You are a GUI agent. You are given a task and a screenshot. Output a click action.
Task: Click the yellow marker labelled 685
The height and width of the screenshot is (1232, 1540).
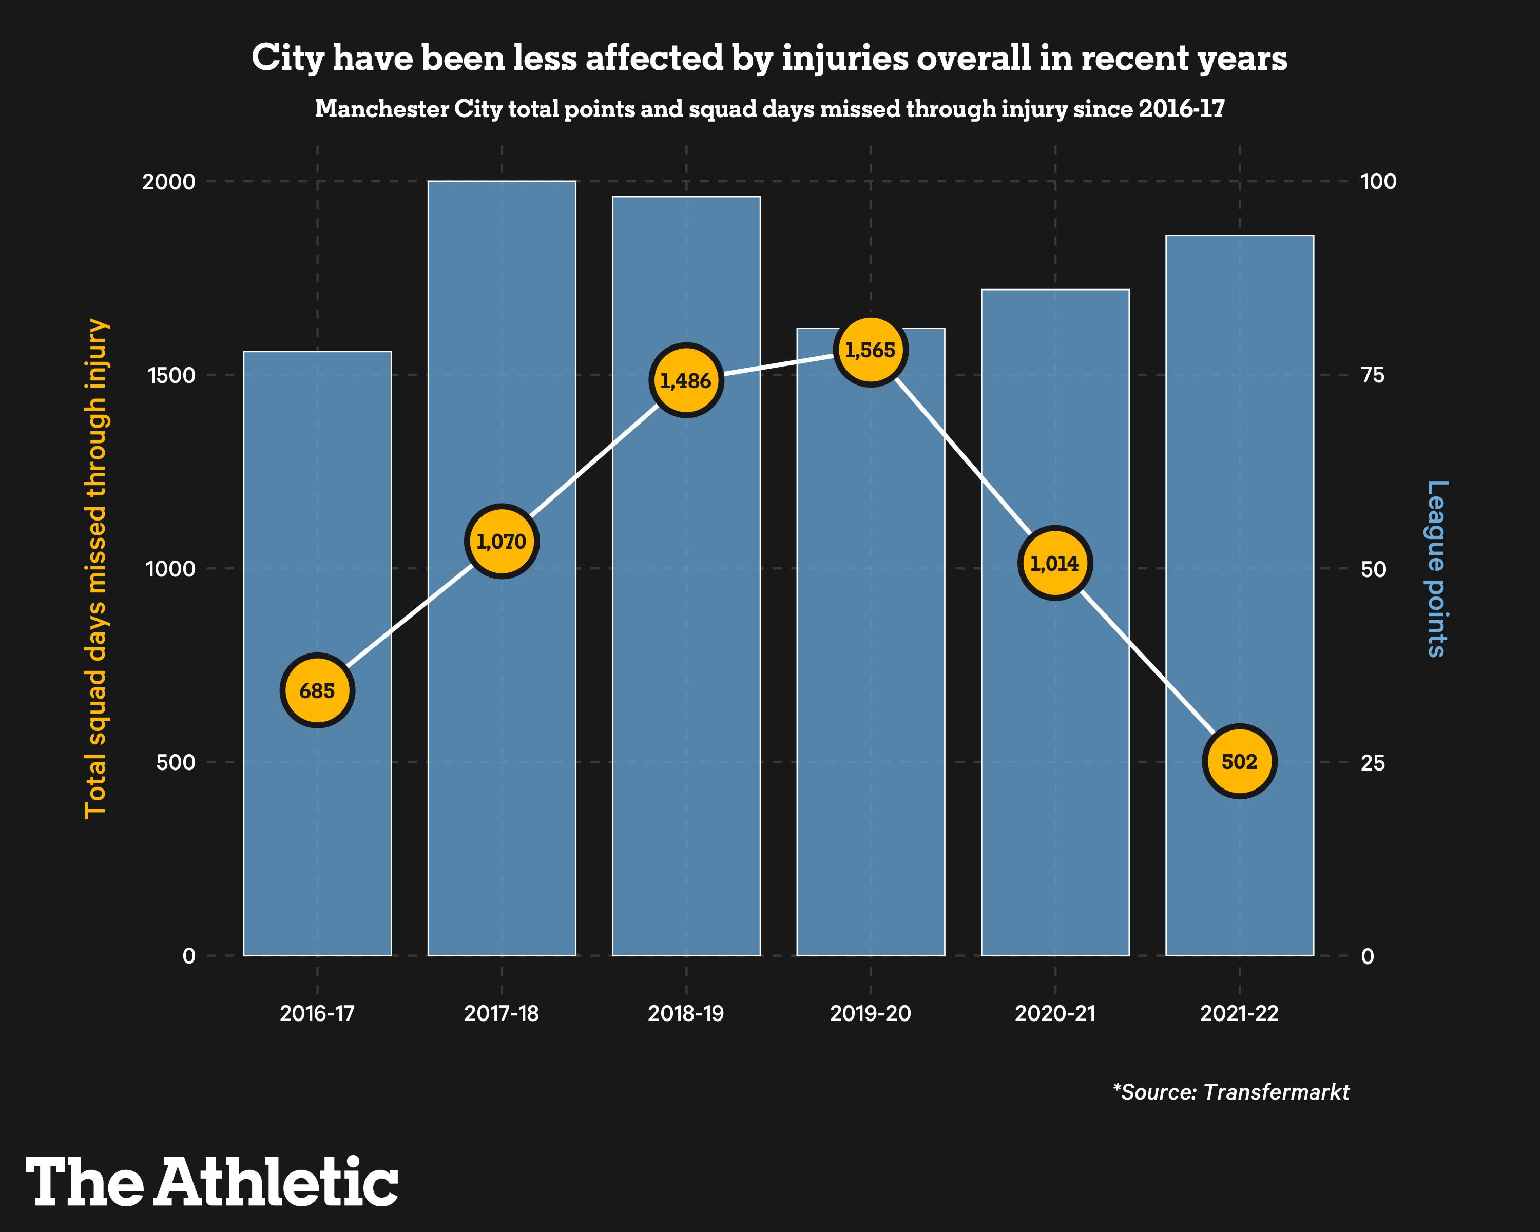point(317,690)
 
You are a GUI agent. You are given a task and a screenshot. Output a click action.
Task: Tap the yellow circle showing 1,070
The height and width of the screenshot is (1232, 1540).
point(502,542)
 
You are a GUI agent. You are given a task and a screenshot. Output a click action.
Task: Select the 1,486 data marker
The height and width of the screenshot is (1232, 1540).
point(686,381)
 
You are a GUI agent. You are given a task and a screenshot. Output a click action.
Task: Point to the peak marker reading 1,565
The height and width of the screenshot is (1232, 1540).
point(870,350)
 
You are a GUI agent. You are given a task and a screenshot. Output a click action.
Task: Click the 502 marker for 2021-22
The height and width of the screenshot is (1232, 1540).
point(1239,761)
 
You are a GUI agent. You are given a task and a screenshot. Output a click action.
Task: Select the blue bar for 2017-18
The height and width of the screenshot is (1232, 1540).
point(502,714)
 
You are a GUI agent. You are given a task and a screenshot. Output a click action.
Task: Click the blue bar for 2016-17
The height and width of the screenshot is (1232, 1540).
point(317,821)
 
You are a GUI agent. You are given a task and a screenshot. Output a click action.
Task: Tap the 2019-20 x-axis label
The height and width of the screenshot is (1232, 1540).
point(870,1013)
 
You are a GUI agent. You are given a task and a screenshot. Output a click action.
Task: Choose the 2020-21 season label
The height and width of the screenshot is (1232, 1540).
point(1055,1013)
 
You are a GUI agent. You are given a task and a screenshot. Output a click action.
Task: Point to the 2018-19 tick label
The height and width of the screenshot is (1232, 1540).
point(686,1013)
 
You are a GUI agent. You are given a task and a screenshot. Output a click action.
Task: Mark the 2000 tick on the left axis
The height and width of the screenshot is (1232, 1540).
point(169,181)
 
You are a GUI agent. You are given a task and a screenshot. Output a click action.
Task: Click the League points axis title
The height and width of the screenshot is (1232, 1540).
point(1436,568)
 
